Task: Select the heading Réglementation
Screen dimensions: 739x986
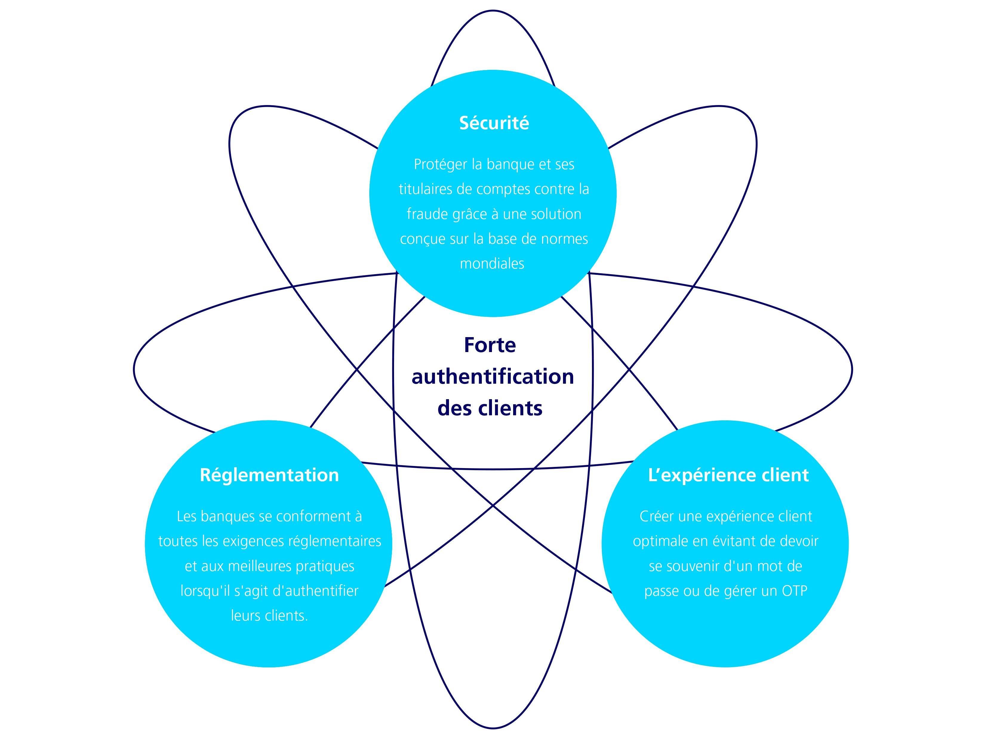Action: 269,475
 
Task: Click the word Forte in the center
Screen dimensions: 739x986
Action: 490,345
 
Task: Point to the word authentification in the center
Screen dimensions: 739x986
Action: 493,377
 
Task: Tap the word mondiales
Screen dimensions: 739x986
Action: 492,264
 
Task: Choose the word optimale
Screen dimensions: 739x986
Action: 660,542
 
